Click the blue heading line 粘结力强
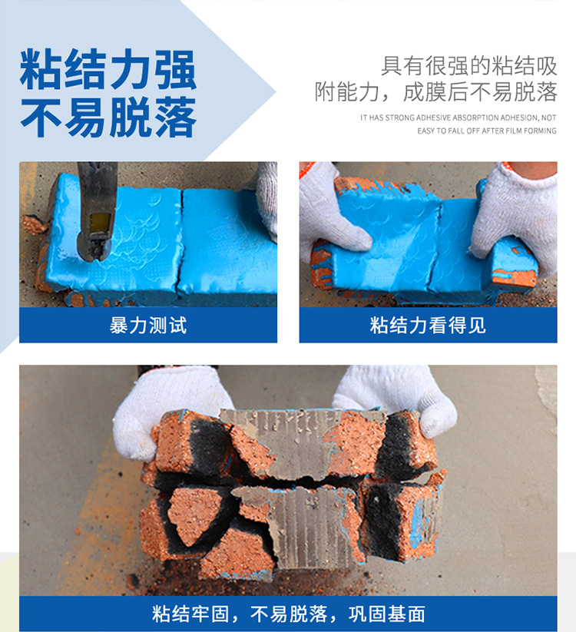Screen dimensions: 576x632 point(108,69)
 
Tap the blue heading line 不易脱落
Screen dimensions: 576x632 point(108,117)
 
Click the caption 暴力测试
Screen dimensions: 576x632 point(148,326)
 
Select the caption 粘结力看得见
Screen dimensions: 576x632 point(428,326)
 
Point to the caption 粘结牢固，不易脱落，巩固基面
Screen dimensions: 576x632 point(288,614)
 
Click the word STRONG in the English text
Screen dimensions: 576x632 point(400,117)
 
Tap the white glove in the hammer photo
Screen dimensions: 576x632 point(267,197)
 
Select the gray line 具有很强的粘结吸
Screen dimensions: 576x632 point(469,66)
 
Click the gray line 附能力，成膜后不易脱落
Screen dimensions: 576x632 point(436,92)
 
